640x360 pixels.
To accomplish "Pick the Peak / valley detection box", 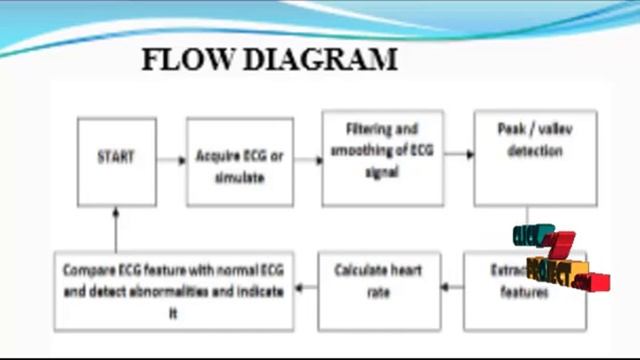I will click(534, 156).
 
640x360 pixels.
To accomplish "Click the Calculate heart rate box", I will click(379, 291).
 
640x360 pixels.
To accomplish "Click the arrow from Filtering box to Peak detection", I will click(459, 155).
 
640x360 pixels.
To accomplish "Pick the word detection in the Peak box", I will click(535, 151).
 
